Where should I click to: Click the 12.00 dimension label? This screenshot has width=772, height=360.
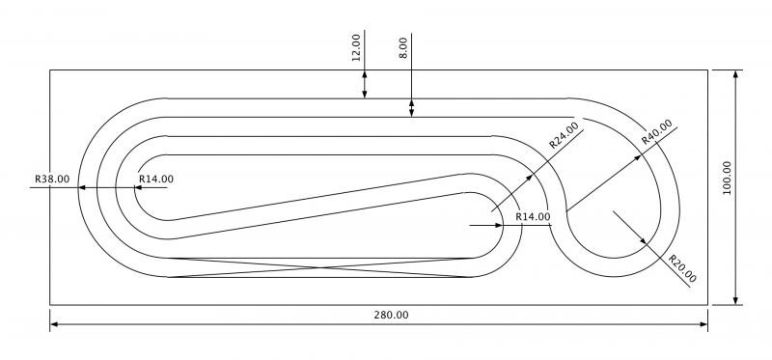(x=356, y=47)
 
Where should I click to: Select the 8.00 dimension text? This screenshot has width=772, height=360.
(x=403, y=47)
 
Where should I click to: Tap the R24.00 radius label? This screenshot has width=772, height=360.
(x=564, y=135)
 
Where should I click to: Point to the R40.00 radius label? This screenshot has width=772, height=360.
(x=657, y=131)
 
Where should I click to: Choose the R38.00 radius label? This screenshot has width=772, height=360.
(x=52, y=179)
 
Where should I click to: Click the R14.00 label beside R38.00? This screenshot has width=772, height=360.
(x=156, y=179)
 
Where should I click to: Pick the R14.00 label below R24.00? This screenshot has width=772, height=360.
(x=534, y=216)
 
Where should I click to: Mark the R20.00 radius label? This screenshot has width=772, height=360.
(x=682, y=269)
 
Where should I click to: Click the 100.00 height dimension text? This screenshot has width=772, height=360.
(x=727, y=178)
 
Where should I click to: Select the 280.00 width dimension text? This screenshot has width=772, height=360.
(x=391, y=316)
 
